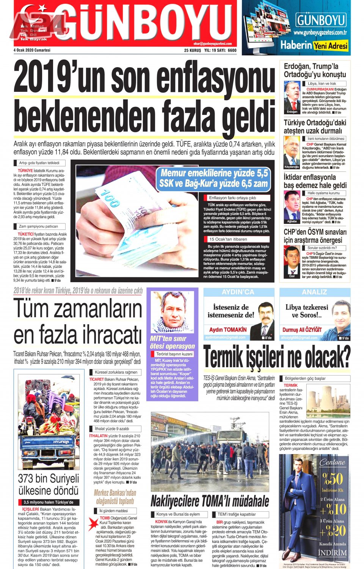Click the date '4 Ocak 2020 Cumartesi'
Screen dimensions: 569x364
coord(32,50)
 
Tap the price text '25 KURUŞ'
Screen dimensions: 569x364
coord(193,50)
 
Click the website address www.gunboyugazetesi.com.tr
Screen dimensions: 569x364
coord(320,33)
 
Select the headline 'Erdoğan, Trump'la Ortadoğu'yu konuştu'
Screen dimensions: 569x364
coord(315,71)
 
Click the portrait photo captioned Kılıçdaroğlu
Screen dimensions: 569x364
coord(292,151)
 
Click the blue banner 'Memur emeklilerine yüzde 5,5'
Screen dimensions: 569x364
coord(214,173)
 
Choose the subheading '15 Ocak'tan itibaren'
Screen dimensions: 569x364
coord(228,239)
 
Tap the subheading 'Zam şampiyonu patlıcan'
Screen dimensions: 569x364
coord(38,226)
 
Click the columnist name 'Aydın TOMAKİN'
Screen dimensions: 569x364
coord(227,330)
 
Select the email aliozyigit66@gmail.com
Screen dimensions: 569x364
coord(299,338)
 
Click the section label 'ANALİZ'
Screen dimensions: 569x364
coord(314,292)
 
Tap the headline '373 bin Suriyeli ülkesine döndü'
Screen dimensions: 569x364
coord(49,484)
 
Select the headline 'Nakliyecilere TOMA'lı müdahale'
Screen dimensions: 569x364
coord(210,501)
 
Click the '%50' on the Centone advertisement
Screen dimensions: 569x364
coord(332,478)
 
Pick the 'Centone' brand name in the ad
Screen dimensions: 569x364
coord(332,462)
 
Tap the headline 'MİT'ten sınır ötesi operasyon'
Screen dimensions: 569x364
coord(172,342)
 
